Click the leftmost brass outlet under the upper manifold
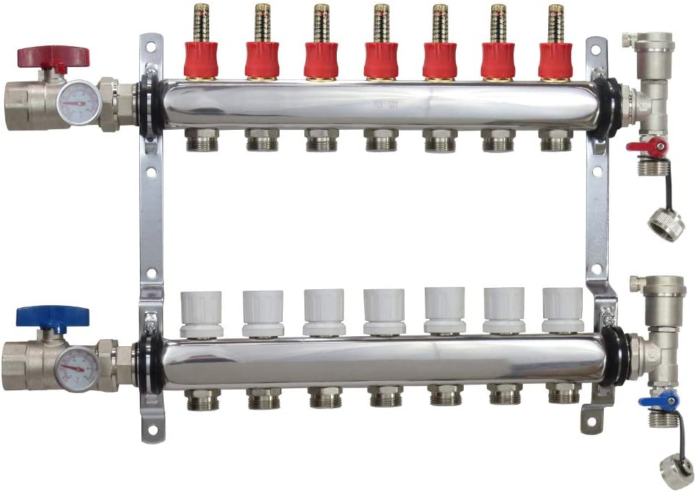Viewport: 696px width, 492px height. tap(201, 140)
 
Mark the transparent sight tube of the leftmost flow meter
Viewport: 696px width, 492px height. tap(201, 23)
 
